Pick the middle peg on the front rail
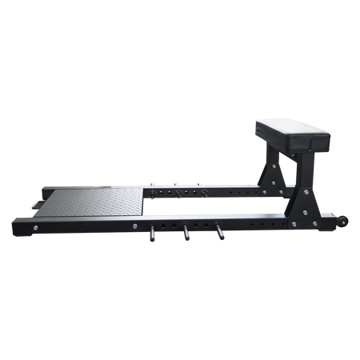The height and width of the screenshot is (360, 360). point(184,234)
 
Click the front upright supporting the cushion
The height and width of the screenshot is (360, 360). point(306,180)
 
